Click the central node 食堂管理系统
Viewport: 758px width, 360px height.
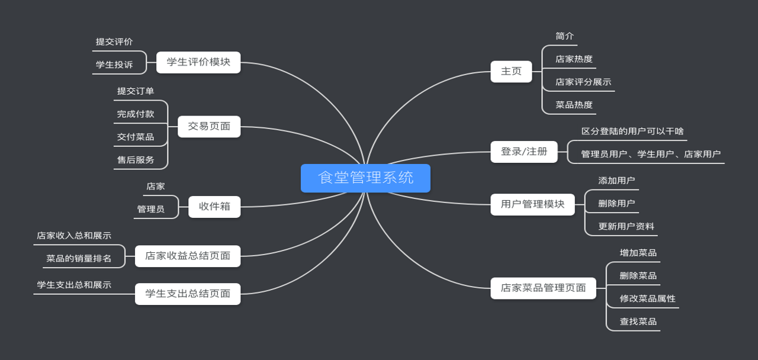tap(365, 178)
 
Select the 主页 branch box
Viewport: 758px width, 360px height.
tap(511, 72)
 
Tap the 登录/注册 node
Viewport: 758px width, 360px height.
tap(524, 152)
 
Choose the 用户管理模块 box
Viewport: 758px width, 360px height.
tap(532, 205)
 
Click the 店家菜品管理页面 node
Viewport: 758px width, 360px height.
tap(543, 288)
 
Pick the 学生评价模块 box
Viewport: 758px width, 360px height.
tap(198, 62)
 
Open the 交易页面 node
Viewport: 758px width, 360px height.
tap(209, 127)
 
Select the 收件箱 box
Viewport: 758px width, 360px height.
tap(214, 207)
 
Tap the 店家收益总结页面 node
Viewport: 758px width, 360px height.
tap(188, 256)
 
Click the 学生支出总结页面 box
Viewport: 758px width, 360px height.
tap(188, 294)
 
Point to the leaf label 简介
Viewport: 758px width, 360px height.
tap(565, 36)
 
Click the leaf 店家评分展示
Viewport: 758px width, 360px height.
tap(583, 82)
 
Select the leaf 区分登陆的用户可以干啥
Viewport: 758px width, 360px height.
tap(632, 131)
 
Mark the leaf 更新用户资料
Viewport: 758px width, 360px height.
tap(626, 227)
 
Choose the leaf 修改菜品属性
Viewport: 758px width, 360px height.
tap(647, 299)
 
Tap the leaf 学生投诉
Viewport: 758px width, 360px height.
tap(114, 65)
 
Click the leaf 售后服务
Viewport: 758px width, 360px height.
tap(136, 160)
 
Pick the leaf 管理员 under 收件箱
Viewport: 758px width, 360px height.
tap(151, 210)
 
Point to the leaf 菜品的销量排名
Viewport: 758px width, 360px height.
tap(79, 259)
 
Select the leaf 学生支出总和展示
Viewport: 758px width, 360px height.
tap(74, 285)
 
